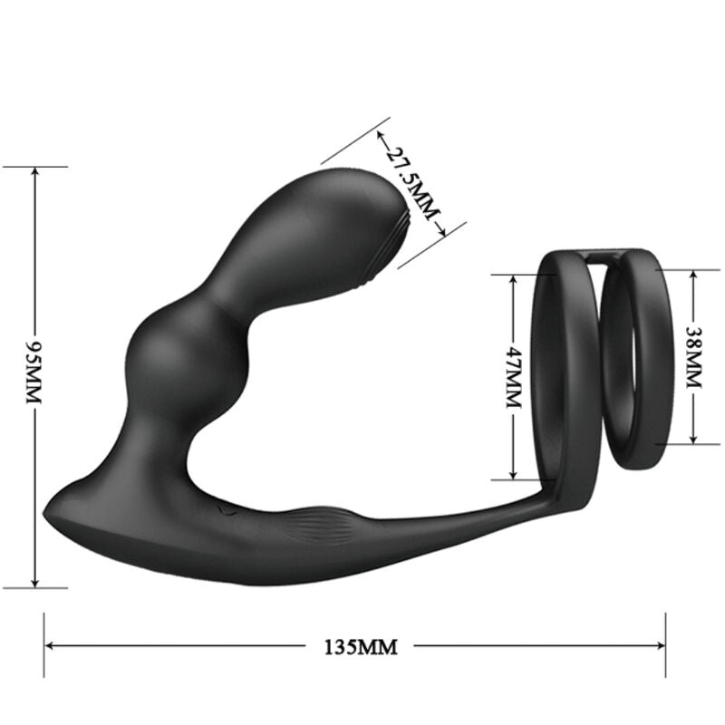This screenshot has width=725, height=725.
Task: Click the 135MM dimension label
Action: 360,647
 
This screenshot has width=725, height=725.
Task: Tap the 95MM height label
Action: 35,374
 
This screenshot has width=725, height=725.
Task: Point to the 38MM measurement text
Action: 693,355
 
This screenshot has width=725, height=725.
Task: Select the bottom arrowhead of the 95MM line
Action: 35,582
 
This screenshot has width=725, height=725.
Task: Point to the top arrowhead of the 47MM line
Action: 513,275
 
